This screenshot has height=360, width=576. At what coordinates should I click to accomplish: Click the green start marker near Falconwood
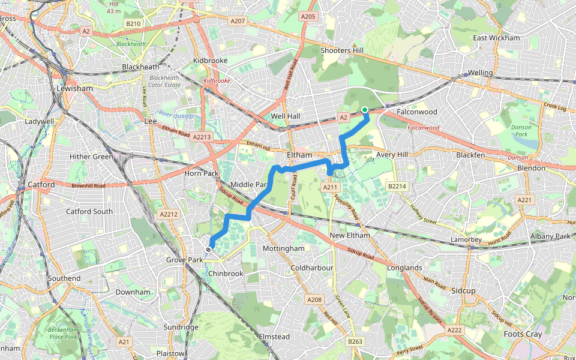coord(365,109)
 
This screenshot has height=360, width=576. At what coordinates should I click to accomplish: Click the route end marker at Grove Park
coord(208,250)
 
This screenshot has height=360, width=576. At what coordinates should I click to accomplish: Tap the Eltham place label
coord(299,155)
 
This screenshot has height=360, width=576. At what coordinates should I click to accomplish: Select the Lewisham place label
coord(74,88)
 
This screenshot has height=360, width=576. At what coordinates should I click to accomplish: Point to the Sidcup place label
coord(463,290)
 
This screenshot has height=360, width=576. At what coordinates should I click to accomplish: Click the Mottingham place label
coord(284,248)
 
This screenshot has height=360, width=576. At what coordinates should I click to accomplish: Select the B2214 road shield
coord(397,187)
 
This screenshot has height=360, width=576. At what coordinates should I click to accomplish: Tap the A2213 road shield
coord(202,137)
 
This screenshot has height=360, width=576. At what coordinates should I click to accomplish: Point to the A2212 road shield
coord(170,214)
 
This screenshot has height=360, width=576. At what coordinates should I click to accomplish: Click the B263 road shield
coord(356,341)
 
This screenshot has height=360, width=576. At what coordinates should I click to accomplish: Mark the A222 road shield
coord(454,329)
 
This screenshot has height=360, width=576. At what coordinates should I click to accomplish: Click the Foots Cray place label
coord(522,334)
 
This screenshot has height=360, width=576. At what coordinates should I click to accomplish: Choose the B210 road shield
coord(133,23)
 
